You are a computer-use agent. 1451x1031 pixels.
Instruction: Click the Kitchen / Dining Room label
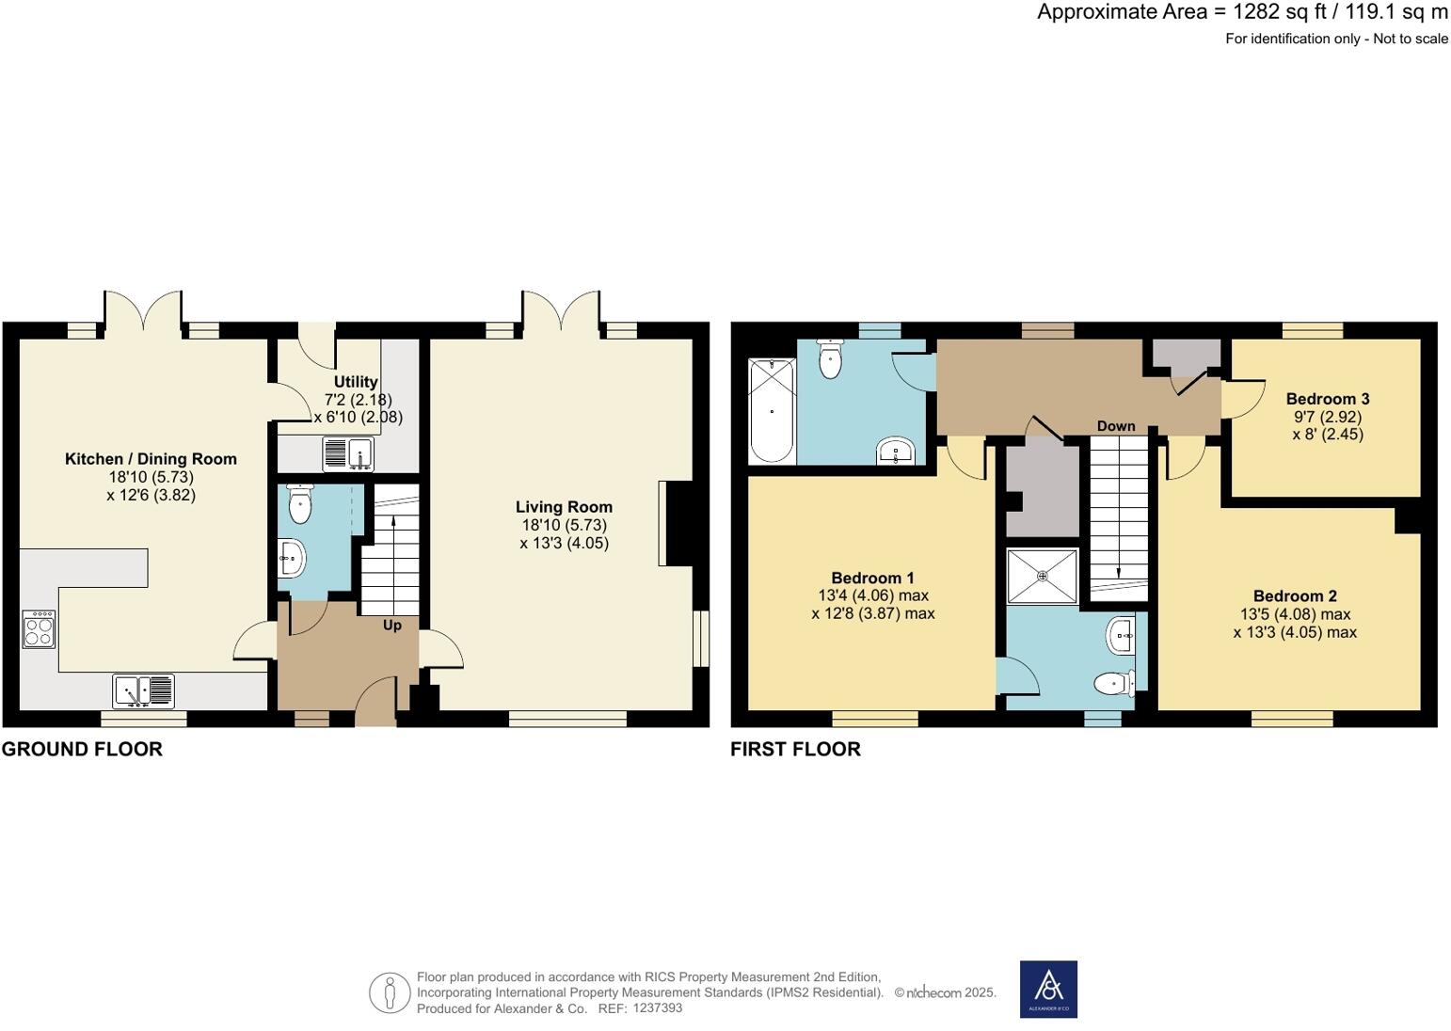pyautogui.click(x=151, y=459)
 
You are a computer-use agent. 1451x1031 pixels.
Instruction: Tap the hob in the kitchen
pyautogui.click(x=39, y=629)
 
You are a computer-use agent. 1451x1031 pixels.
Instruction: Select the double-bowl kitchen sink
pyautogui.click(x=143, y=691)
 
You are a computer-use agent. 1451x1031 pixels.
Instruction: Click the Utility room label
pyautogui.click(x=356, y=382)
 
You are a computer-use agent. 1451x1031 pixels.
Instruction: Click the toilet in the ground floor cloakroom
pyautogui.click(x=299, y=504)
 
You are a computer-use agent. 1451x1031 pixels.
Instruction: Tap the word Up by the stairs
pyautogui.click(x=392, y=626)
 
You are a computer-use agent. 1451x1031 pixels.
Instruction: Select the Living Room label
pyautogui.click(x=564, y=507)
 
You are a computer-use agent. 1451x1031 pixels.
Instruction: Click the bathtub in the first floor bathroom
pyautogui.click(x=772, y=410)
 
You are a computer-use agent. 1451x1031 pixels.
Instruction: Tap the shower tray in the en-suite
pyautogui.click(x=1042, y=576)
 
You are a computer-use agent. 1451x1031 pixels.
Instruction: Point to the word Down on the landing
pyautogui.click(x=1116, y=426)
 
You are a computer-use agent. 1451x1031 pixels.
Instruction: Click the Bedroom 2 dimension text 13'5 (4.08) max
pyautogui.click(x=1295, y=614)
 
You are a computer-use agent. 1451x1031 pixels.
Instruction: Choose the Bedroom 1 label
pyautogui.click(x=872, y=578)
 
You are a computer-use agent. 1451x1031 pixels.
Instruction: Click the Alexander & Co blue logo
pyautogui.click(x=1048, y=989)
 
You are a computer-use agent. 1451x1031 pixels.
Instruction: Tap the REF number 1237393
pyautogui.click(x=658, y=1007)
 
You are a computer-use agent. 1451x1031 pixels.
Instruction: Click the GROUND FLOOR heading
pyautogui.click(x=82, y=749)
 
